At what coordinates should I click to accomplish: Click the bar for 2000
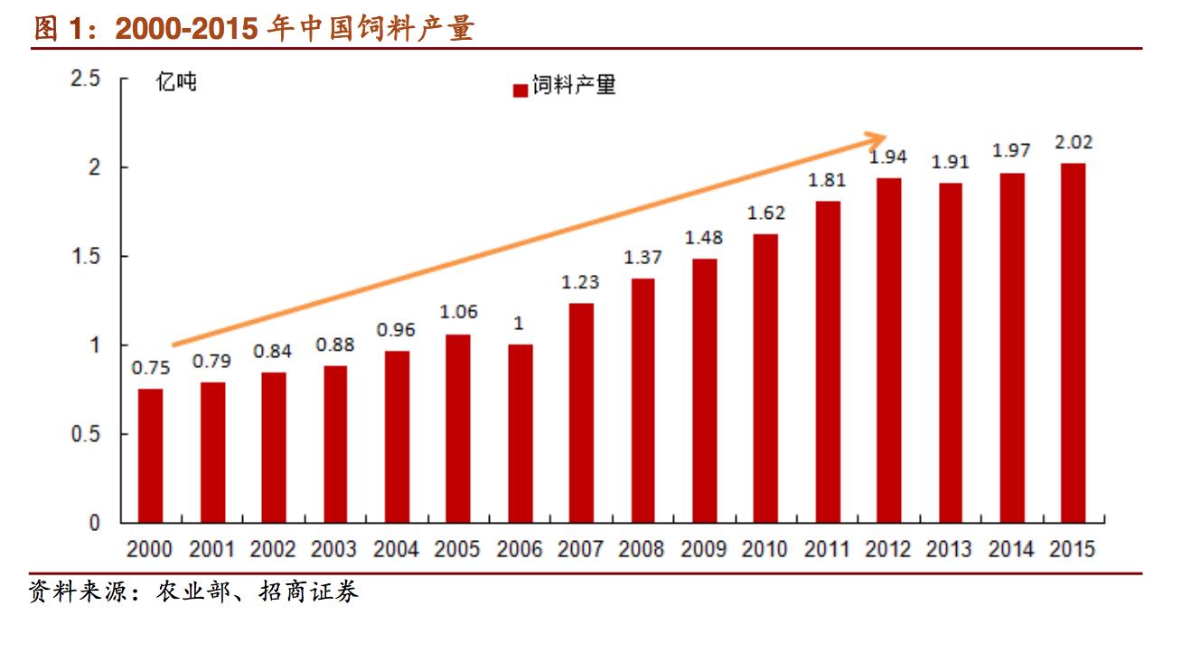pos(150,455)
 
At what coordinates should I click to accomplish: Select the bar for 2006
pos(520,433)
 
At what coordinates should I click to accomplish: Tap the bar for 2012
pos(888,350)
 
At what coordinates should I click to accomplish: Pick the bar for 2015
pos(1073,343)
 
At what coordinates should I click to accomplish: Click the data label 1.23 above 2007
pos(580,282)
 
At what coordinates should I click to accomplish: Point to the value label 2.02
pos(1074,142)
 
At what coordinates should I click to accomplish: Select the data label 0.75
pos(150,368)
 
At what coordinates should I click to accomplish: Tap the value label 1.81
pos(827,180)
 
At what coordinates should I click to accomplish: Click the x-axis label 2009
pos(703,549)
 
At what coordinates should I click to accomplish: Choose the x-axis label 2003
pos(334,549)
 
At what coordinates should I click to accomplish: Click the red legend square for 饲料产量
pos(520,90)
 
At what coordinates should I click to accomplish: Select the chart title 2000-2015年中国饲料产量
pos(253,29)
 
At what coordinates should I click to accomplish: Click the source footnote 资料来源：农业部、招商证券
pos(194,592)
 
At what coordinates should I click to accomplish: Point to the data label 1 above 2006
pos(519,324)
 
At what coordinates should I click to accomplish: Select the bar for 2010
pos(765,378)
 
